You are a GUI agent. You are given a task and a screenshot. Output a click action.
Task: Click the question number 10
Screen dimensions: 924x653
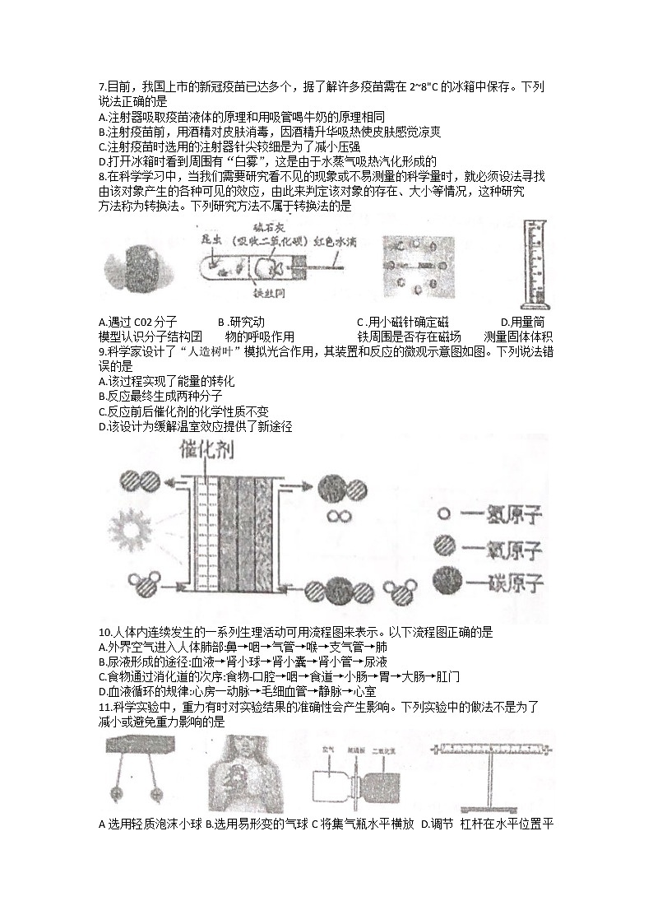(x=104, y=632)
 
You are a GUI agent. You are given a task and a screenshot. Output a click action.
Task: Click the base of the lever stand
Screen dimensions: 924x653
(x=491, y=802)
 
